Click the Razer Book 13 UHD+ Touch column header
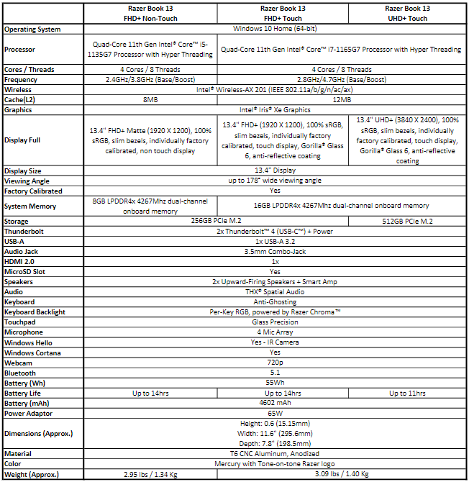407,13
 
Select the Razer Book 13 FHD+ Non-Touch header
150,13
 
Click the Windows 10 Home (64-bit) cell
276,29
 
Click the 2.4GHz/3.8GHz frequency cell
150,80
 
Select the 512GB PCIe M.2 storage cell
407,222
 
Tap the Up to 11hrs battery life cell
407,393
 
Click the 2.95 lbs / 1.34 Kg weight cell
150,474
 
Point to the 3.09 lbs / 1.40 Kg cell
341,474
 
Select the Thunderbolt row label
25,232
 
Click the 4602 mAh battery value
276,403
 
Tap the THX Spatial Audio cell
276,292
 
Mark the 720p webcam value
276,363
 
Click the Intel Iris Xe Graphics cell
276,110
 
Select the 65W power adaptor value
276,413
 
